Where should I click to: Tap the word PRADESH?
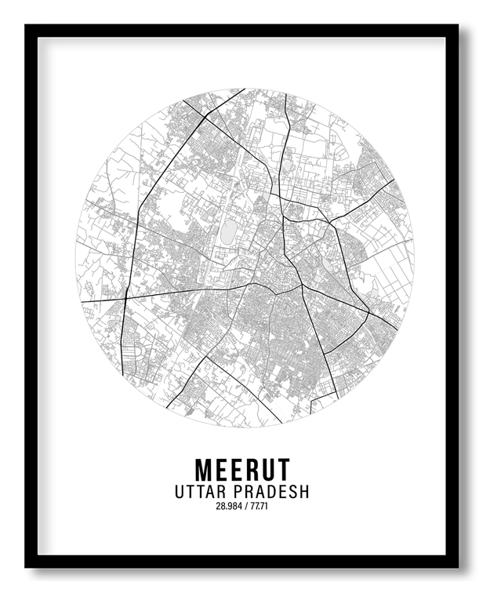coord(270,492)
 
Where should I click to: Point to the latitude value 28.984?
coord(227,506)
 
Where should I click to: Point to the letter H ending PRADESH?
coord(304,492)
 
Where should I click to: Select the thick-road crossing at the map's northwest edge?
coord(205,117)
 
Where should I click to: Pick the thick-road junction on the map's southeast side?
coord(368,313)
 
